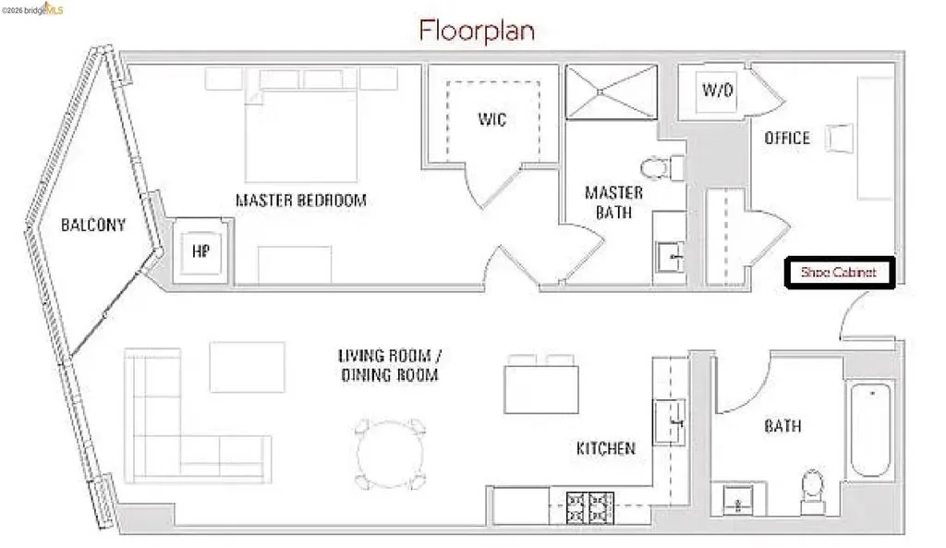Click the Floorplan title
(477, 30)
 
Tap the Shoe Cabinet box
(839, 273)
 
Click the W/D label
(717, 91)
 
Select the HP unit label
(200, 251)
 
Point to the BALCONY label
(93, 225)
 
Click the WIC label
(492, 119)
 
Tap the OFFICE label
(787, 139)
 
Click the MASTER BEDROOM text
(301, 200)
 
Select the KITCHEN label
(606, 448)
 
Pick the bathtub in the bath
(870, 430)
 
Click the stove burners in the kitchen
(589, 507)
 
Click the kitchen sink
(671, 422)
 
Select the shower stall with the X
(612, 91)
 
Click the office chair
(839, 139)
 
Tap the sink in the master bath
(670, 257)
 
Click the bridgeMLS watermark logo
(32, 8)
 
